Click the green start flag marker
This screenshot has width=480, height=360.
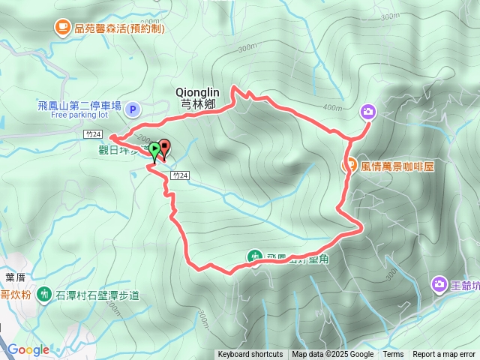point(154,149)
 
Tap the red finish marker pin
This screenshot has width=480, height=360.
point(164,146)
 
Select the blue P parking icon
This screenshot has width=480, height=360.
point(132,110)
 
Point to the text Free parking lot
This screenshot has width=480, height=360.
point(80,115)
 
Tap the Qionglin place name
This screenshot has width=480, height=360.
point(196,91)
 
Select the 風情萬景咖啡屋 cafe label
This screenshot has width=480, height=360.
point(397,166)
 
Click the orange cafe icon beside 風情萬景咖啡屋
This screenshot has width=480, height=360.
point(349,166)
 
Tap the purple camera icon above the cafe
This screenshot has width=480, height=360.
point(367,112)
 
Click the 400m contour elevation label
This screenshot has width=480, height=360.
point(331,107)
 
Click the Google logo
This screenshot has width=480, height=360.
point(28,349)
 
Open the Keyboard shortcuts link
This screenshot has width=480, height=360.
point(250,355)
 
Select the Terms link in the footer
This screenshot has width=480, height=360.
point(393,355)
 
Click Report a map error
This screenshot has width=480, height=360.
point(445,355)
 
